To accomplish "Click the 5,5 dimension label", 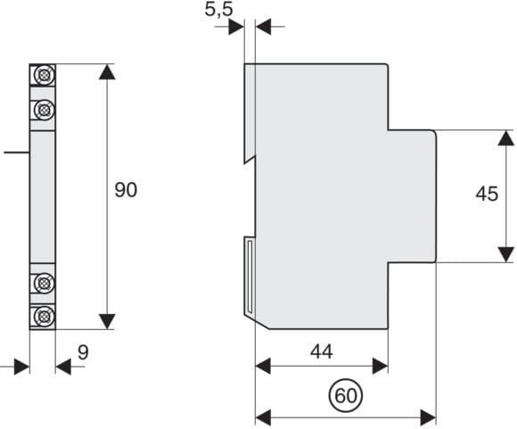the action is pyautogui.click(x=218, y=9).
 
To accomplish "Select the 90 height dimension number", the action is pyautogui.click(x=126, y=190).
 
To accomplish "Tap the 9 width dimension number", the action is pyautogui.click(x=84, y=352).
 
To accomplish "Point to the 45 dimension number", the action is pyautogui.click(x=487, y=194).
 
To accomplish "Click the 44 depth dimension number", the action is pyautogui.click(x=322, y=351).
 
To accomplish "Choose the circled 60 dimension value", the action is pyautogui.click(x=346, y=395).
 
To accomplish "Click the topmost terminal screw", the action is pyautogui.click(x=43, y=75).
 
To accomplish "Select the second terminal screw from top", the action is pyautogui.click(x=43, y=109).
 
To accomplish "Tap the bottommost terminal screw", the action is pyautogui.click(x=43, y=317).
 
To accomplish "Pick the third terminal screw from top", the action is pyautogui.click(x=43, y=283).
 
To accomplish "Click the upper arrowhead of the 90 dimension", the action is pyautogui.click(x=107, y=72).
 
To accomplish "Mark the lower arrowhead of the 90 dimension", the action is pyautogui.click(x=107, y=321).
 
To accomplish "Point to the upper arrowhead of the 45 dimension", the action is pyautogui.click(x=506, y=138).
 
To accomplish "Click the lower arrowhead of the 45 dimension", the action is pyautogui.click(x=506, y=254).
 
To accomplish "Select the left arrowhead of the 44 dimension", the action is pyautogui.click(x=263, y=366).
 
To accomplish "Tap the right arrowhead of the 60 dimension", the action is pyautogui.click(x=428, y=417).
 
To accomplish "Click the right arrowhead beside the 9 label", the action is pyautogui.click(x=63, y=367).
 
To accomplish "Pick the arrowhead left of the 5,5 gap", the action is pyautogui.click(x=236, y=27).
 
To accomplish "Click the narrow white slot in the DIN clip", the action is pyautogui.click(x=250, y=276).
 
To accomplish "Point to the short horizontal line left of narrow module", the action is pyautogui.click(x=16, y=153).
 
